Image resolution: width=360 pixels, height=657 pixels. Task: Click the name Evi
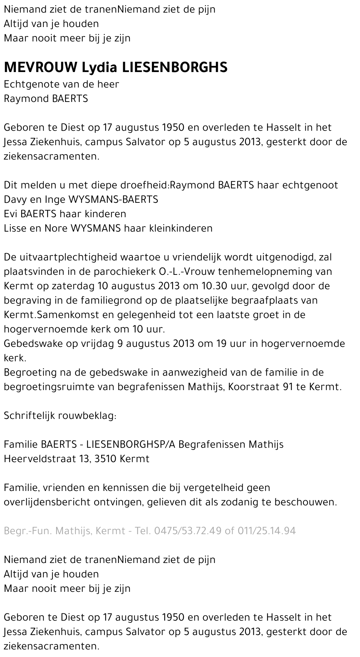tap(10, 214)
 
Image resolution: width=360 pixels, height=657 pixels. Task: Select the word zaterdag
tap(73, 286)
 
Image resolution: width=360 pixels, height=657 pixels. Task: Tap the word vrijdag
tap(97, 344)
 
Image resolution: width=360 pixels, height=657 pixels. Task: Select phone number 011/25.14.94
tap(267, 531)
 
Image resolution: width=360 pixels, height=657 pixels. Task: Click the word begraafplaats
tap(263, 300)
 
